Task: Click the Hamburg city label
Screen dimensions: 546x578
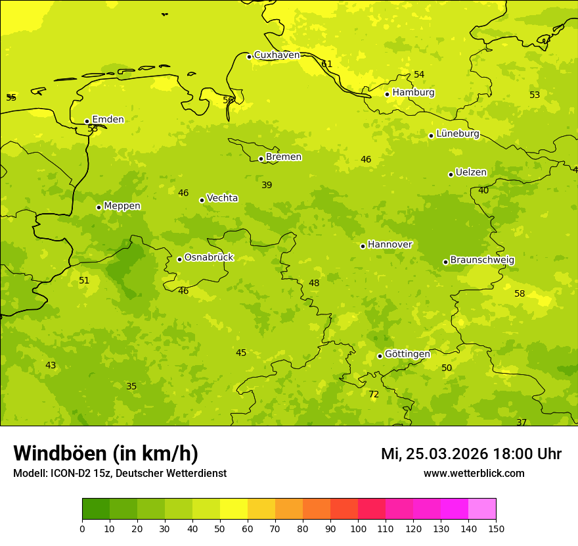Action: pyautogui.click(x=413, y=93)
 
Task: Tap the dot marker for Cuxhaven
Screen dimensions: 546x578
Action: pyautogui.click(x=249, y=57)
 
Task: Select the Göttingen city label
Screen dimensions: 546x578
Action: pyautogui.click(x=407, y=354)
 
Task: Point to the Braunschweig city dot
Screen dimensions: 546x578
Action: pyautogui.click(x=445, y=262)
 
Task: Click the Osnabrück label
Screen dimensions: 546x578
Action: pyautogui.click(x=209, y=257)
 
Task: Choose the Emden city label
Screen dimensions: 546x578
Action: pyautogui.click(x=108, y=119)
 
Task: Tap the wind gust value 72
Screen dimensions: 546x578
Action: pyautogui.click(x=374, y=395)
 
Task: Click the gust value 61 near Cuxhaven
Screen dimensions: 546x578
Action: pyautogui.click(x=326, y=64)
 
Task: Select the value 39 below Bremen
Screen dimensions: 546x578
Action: pyautogui.click(x=267, y=186)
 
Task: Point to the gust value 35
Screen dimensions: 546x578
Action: pyautogui.click(x=131, y=386)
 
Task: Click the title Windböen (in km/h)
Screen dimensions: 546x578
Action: pyautogui.click(x=106, y=453)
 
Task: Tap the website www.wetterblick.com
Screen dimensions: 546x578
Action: pyautogui.click(x=474, y=474)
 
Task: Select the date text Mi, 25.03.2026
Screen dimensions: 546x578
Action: pyautogui.click(x=433, y=454)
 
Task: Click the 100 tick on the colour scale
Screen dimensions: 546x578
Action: pyautogui.click(x=358, y=528)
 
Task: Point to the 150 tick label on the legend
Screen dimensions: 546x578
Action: pyautogui.click(x=496, y=528)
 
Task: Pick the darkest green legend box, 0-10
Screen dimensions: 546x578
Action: pyautogui.click(x=96, y=509)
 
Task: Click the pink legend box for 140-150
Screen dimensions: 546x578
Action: pyautogui.click(x=482, y=509)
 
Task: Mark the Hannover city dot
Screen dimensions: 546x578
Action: pyautogui.click(x=363, y=246)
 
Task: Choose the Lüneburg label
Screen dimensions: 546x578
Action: pyautogui.click(x=457, y=134)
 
